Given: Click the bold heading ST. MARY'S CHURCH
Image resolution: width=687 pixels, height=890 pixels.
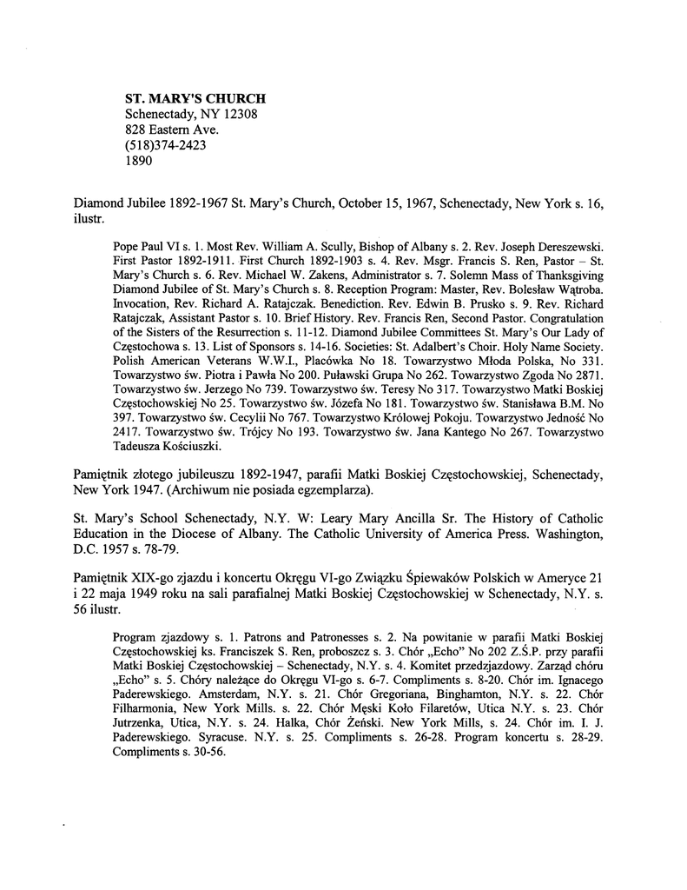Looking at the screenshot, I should (x=195, y=99).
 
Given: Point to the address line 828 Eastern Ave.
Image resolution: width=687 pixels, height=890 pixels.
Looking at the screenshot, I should (x=171, y=130).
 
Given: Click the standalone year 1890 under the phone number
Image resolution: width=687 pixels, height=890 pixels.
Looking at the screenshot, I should (x=140, y=161).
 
